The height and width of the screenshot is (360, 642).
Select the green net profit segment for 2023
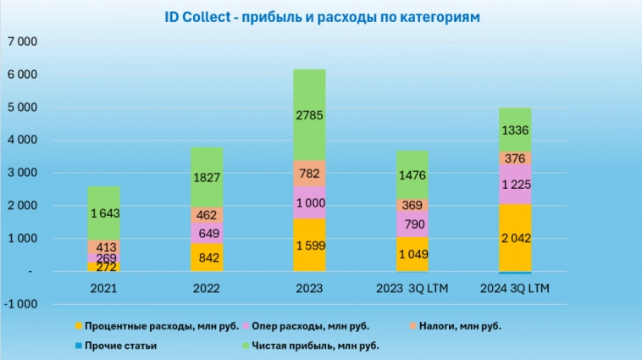[x=309, y=114]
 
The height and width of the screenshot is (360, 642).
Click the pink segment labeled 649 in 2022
[x=206, y=233]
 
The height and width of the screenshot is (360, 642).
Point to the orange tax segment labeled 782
[x=309, y=173]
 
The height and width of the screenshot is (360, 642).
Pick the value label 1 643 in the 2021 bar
[x=102, y=213]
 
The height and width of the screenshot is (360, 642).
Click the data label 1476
[x=412, y=175]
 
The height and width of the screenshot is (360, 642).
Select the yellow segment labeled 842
[x=206, y=258]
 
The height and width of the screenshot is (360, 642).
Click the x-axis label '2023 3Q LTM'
[x=412, y=288]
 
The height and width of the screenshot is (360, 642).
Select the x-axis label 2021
[x=102, y=288]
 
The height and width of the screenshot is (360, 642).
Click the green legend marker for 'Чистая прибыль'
[x=247, y=345]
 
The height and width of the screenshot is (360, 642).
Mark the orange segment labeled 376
[x=514, y=158]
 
